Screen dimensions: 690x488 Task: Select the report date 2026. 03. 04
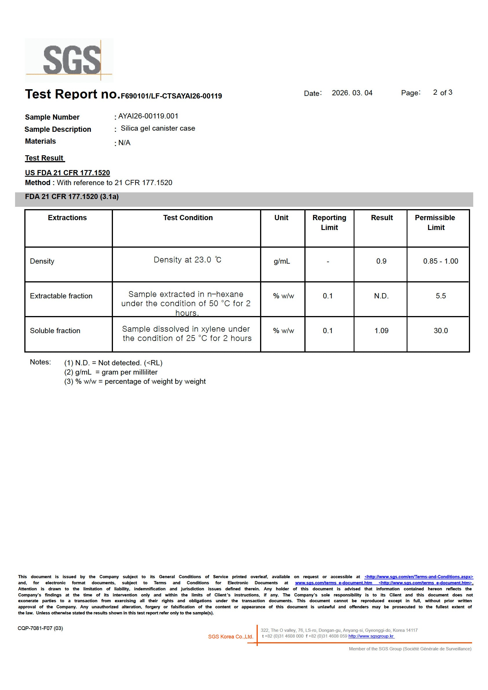pyautogui.click(x=352, y=93)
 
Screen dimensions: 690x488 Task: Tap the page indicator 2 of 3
pyautogui.click(x=442, y=93)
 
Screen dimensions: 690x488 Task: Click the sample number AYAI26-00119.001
pyautogui.click(x=148, y=116)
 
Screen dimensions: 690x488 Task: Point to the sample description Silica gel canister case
pyautogui.click(x=158, y=128)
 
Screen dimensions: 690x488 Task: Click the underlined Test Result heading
pyautogui.click(x=44, y=158)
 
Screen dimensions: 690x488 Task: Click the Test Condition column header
pyautogui.click(x=188, y=218)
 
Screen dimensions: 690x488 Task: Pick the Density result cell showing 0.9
pyautogui.click(x=381, y=261)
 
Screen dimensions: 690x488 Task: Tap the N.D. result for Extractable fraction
pyautogui.click(x=381, y=296)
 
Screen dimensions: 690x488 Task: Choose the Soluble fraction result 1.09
pyautogui.click(x=381, y=331)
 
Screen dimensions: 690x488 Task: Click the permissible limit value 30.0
pyautogui.click(x=441, y=331)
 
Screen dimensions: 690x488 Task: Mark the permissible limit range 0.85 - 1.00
pyautogui.click(x=441, y=261)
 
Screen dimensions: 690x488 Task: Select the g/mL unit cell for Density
pyautogui.click(x=282, y=261)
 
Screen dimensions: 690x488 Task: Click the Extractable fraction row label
pyautogui.click(x=61, y=296)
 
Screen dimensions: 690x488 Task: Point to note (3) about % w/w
pyautogui.click(x=135, y=381)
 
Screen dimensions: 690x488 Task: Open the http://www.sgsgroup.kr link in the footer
pyautogui.click(x=371, y=636)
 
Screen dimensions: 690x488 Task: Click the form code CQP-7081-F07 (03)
pyautogui.click(x=40, y=628)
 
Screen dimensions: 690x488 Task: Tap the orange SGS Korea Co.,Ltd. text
pyautogui.click(x=231, y=636)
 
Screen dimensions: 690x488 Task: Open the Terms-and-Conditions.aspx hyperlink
pyautogui.click(x=418, y=577)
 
